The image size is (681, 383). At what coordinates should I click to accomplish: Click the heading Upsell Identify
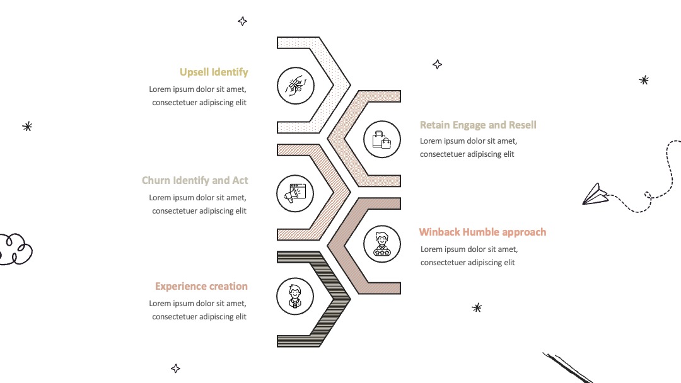214,72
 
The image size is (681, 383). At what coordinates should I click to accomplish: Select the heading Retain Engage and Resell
478,125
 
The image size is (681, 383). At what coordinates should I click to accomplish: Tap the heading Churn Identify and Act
195,180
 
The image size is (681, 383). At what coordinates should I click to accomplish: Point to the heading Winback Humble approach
482,232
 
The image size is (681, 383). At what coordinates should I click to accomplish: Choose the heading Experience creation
201,286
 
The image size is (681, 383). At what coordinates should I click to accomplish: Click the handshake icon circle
296,86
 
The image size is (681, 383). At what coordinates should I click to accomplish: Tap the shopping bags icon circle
382,139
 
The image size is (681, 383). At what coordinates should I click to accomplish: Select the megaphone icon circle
295,193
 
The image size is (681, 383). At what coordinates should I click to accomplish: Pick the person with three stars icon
382,244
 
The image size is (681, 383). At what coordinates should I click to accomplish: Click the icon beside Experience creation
295,296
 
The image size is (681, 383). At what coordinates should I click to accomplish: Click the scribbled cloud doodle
15,249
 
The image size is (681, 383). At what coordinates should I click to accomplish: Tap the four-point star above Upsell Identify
242,21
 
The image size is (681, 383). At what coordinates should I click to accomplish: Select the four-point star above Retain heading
438,65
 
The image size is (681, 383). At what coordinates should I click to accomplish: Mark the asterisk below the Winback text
477,308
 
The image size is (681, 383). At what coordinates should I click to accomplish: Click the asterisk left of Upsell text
27,127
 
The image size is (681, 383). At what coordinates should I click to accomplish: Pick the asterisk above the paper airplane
644,80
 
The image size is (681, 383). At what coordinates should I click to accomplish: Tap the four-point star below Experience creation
175,369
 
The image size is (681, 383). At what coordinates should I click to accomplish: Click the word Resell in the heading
523,125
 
